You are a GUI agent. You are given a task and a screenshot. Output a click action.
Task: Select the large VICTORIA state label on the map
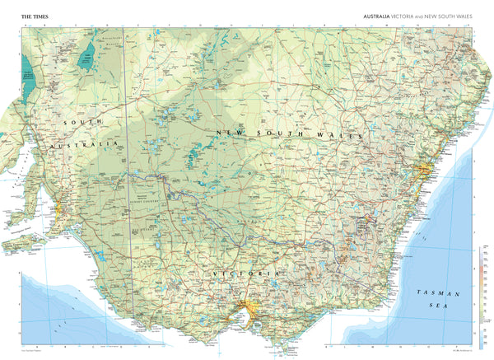tap(245, 273)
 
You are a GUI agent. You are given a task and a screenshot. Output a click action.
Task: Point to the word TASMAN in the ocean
tap(434, 293)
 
